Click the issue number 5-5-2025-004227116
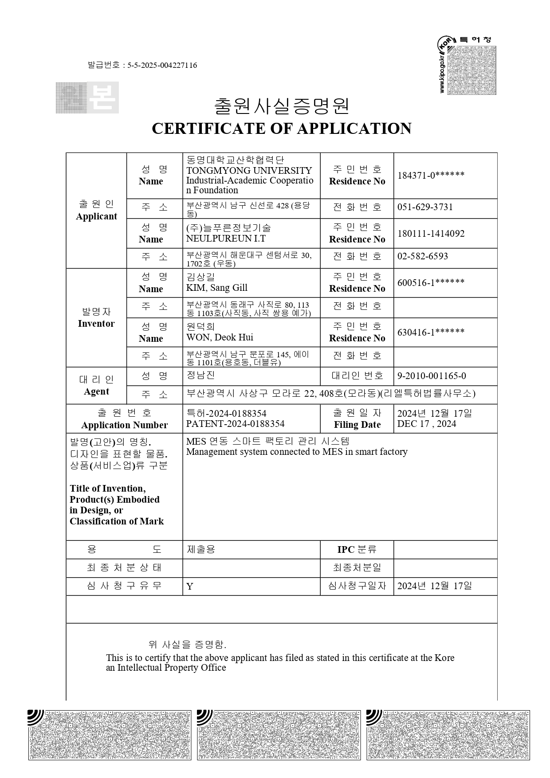click(x=162, y=66)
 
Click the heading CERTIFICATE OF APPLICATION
click(x=281, y=129)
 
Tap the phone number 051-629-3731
click(x=425, y=207)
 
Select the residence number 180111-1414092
click(x=431, y=234)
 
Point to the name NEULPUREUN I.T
click(x=226, y=238)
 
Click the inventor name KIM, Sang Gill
click(x=216, y=288)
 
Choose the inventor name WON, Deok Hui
click(x=220, y=337)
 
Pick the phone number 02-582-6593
click(x=422, y=257)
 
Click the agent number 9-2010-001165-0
click(x=431, y=376)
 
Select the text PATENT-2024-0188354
click(x=235, y=424)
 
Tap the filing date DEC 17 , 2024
click(x=426, y=424)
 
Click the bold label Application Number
click(x=124, y=425)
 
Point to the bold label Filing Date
click(x=357, y=425)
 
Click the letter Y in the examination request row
click(x=190, y=587)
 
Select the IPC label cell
click(x=357, y=550)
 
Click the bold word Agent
click(x=96, y=391)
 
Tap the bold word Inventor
click(x=96, y=324)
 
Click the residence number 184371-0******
click(x=431, y=175)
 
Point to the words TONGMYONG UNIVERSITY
click(x=249, y=171)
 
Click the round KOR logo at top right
click(x=445, y=45)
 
